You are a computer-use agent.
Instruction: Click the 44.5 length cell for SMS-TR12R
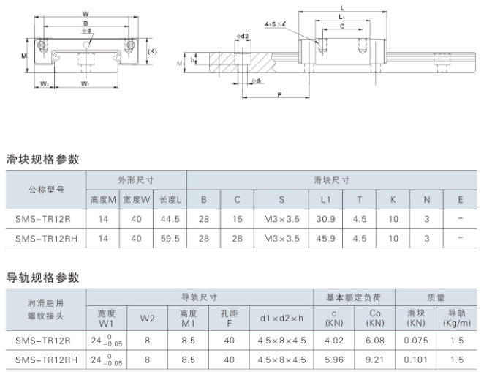pyautogui.click(x=170, y=219)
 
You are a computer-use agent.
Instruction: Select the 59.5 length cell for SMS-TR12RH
pyautogui.click(x=170, y=239)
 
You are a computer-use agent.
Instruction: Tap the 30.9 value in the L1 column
pyautogui.click(x=325, y=219)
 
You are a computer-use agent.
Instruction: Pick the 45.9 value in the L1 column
pyautogui.click(x=325, y=239)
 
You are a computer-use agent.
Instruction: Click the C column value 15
pyautogui.click(x=238, y=219)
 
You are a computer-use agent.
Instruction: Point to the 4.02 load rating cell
pyautogui.click(x=334, y=341)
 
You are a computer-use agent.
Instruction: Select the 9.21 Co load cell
pyautogui.click(x=374, y=360)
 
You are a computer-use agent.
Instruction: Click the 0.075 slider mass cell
pyautogui.click(x=416, y=341)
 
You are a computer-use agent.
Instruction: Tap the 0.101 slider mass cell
pyautogui.click(x=416, y=360)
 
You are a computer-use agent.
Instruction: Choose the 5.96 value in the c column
pyautogui.click(x=334, y=360)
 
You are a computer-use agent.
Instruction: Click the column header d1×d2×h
pyautogui.click(x=281, y=319)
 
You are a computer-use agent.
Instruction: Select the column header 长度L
pyautogui.click(x=170, y=200)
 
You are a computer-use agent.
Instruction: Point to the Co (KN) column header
pyautogui.click(x=374, y=318)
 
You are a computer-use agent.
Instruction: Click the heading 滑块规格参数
pyautogui.click(x=42, y=159)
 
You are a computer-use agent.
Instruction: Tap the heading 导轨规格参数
pyautogui.click(x=42, y=278)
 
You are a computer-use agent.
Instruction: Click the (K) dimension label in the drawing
pyautogui.click(x=152, y=51)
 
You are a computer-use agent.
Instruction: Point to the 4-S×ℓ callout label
pyautogui.click(x=276, y=24)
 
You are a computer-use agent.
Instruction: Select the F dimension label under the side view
pyautogui.click(x=279, y=94)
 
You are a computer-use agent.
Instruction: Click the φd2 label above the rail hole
pyautogui.click(x=243, y=36)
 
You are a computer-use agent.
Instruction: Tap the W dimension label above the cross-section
pyautogui.click(x=86, y=14)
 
